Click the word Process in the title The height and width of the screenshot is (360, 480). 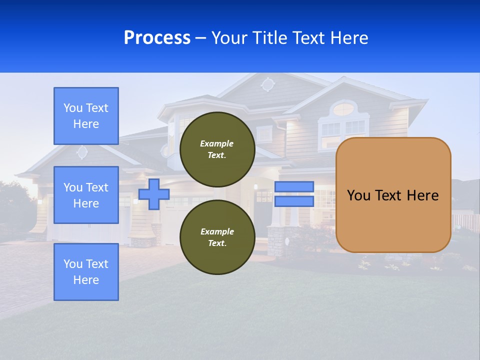[x=157, y=37]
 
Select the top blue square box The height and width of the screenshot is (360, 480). [x=86, y=116]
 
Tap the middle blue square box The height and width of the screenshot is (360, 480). [x=86, y=195]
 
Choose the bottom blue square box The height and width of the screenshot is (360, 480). [x=86, y=272]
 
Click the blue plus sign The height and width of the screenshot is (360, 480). [x=154, y=194]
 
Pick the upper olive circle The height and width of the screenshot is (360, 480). [x=217, y=149]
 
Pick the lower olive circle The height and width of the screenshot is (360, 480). [x=217, y=237]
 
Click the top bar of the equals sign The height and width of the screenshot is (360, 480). [x=294, y=186]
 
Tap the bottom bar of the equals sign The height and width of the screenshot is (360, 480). [x=294, y=201]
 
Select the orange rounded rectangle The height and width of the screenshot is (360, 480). [x=393, y=194]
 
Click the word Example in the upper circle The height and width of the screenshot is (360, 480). [x=217, y=143]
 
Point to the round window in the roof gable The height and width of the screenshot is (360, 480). [x=268, y=84]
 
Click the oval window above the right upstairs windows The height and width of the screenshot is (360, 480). [x=343, y=108]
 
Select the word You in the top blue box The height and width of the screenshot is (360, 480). [x=73, y=108]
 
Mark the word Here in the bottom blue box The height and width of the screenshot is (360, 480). [x=86, y=280]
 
